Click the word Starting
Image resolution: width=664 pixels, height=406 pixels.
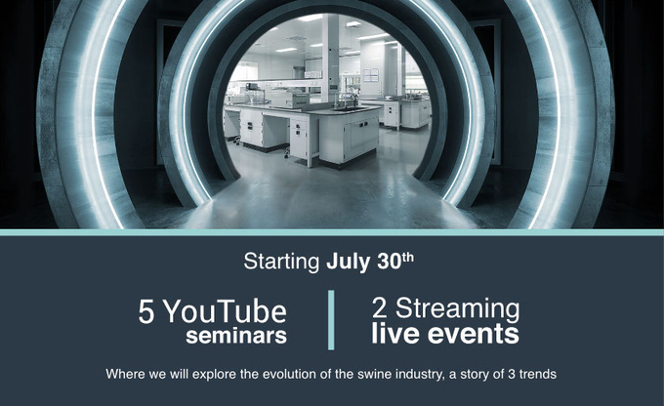pos(281,263)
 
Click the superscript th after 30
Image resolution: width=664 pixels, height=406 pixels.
pos(407,257)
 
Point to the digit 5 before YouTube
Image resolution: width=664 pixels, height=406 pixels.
pos(146,312)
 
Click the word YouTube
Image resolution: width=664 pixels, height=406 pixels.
pos(226,311)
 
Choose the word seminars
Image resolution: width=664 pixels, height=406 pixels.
pos(236,336)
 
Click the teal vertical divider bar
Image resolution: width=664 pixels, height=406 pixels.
pos(331,320)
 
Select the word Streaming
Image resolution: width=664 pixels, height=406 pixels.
pos(458,310)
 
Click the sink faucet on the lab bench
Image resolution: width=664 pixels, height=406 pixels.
pos(345,100)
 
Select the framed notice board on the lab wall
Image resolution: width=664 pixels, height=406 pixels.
pos(370,75)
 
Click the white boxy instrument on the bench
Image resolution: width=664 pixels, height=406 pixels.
pos(290,100)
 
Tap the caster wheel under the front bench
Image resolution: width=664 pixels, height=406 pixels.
pos(287,153)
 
